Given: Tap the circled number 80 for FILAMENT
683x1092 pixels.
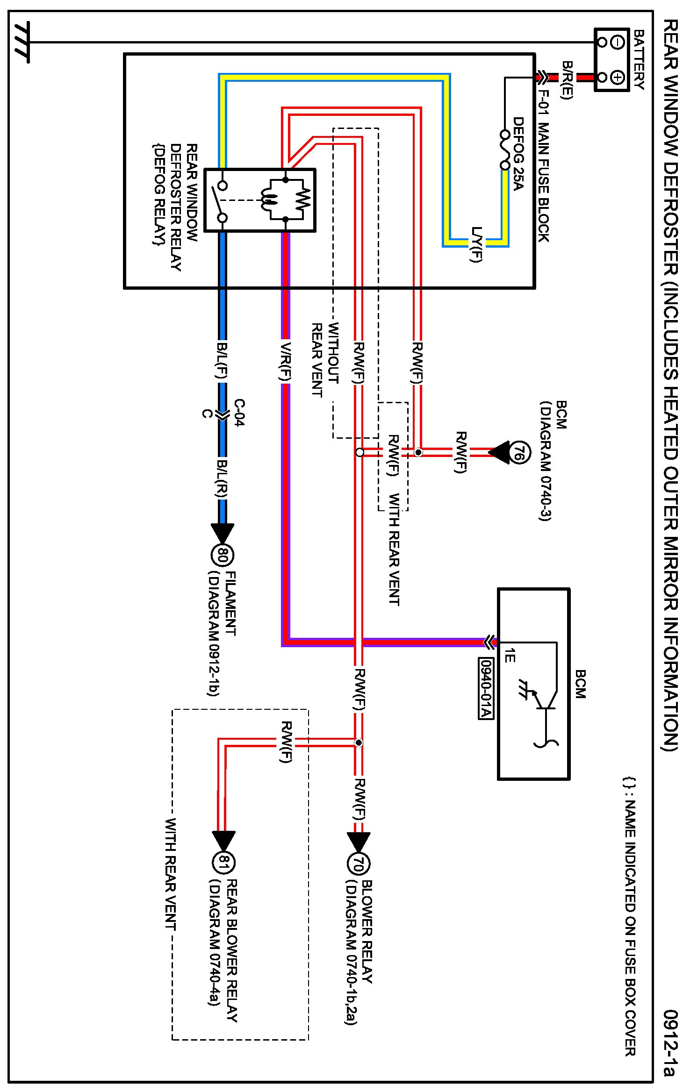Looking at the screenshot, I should [x=223, y=556].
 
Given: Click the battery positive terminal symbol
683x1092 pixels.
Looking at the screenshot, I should [x=618, y=77].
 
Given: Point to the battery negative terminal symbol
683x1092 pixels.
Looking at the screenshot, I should [x=618, y=43].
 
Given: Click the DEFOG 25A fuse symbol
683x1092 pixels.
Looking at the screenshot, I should [x=505, y=150].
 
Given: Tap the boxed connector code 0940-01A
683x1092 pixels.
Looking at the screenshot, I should [x=486, y=688].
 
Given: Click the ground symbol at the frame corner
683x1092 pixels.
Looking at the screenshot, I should [x=22, y=42].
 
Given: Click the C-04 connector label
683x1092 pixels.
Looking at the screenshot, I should [x=238, y=413].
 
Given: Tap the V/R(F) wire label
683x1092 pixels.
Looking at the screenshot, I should [x=286, y=361].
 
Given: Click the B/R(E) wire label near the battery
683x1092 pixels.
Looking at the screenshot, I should [x=567, y=80].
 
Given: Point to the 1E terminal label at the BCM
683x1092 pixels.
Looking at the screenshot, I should [x=510, y=656].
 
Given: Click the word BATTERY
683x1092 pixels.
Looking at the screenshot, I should [x=639, y=59].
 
